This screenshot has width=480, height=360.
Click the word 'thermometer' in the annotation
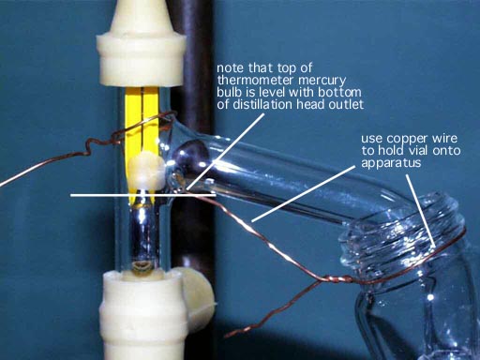[x=256, y=80]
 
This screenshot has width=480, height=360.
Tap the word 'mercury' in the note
[x=322, y=81]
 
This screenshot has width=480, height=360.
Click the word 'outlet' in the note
[x=346, y=104]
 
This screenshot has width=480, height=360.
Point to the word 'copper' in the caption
[x=409, y=139]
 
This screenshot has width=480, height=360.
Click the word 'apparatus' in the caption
[x=391, y=163]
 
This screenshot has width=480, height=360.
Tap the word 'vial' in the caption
[x=418, y=151]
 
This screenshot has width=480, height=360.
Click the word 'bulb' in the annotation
[x=229, y=92]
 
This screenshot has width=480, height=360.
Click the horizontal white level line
[x=143, y=195]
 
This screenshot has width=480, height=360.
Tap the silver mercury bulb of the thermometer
[x=143, y=232]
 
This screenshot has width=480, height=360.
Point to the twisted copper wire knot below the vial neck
[x=336, y=278]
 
